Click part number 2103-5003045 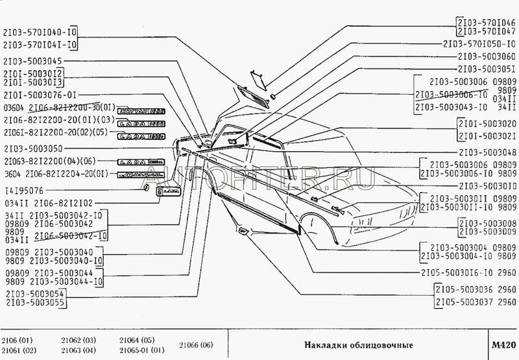[x=36, y=60]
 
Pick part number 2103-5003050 [x=36, y=149]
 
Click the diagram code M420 [x=503, y=344]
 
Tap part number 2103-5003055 [x=36, y=302]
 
